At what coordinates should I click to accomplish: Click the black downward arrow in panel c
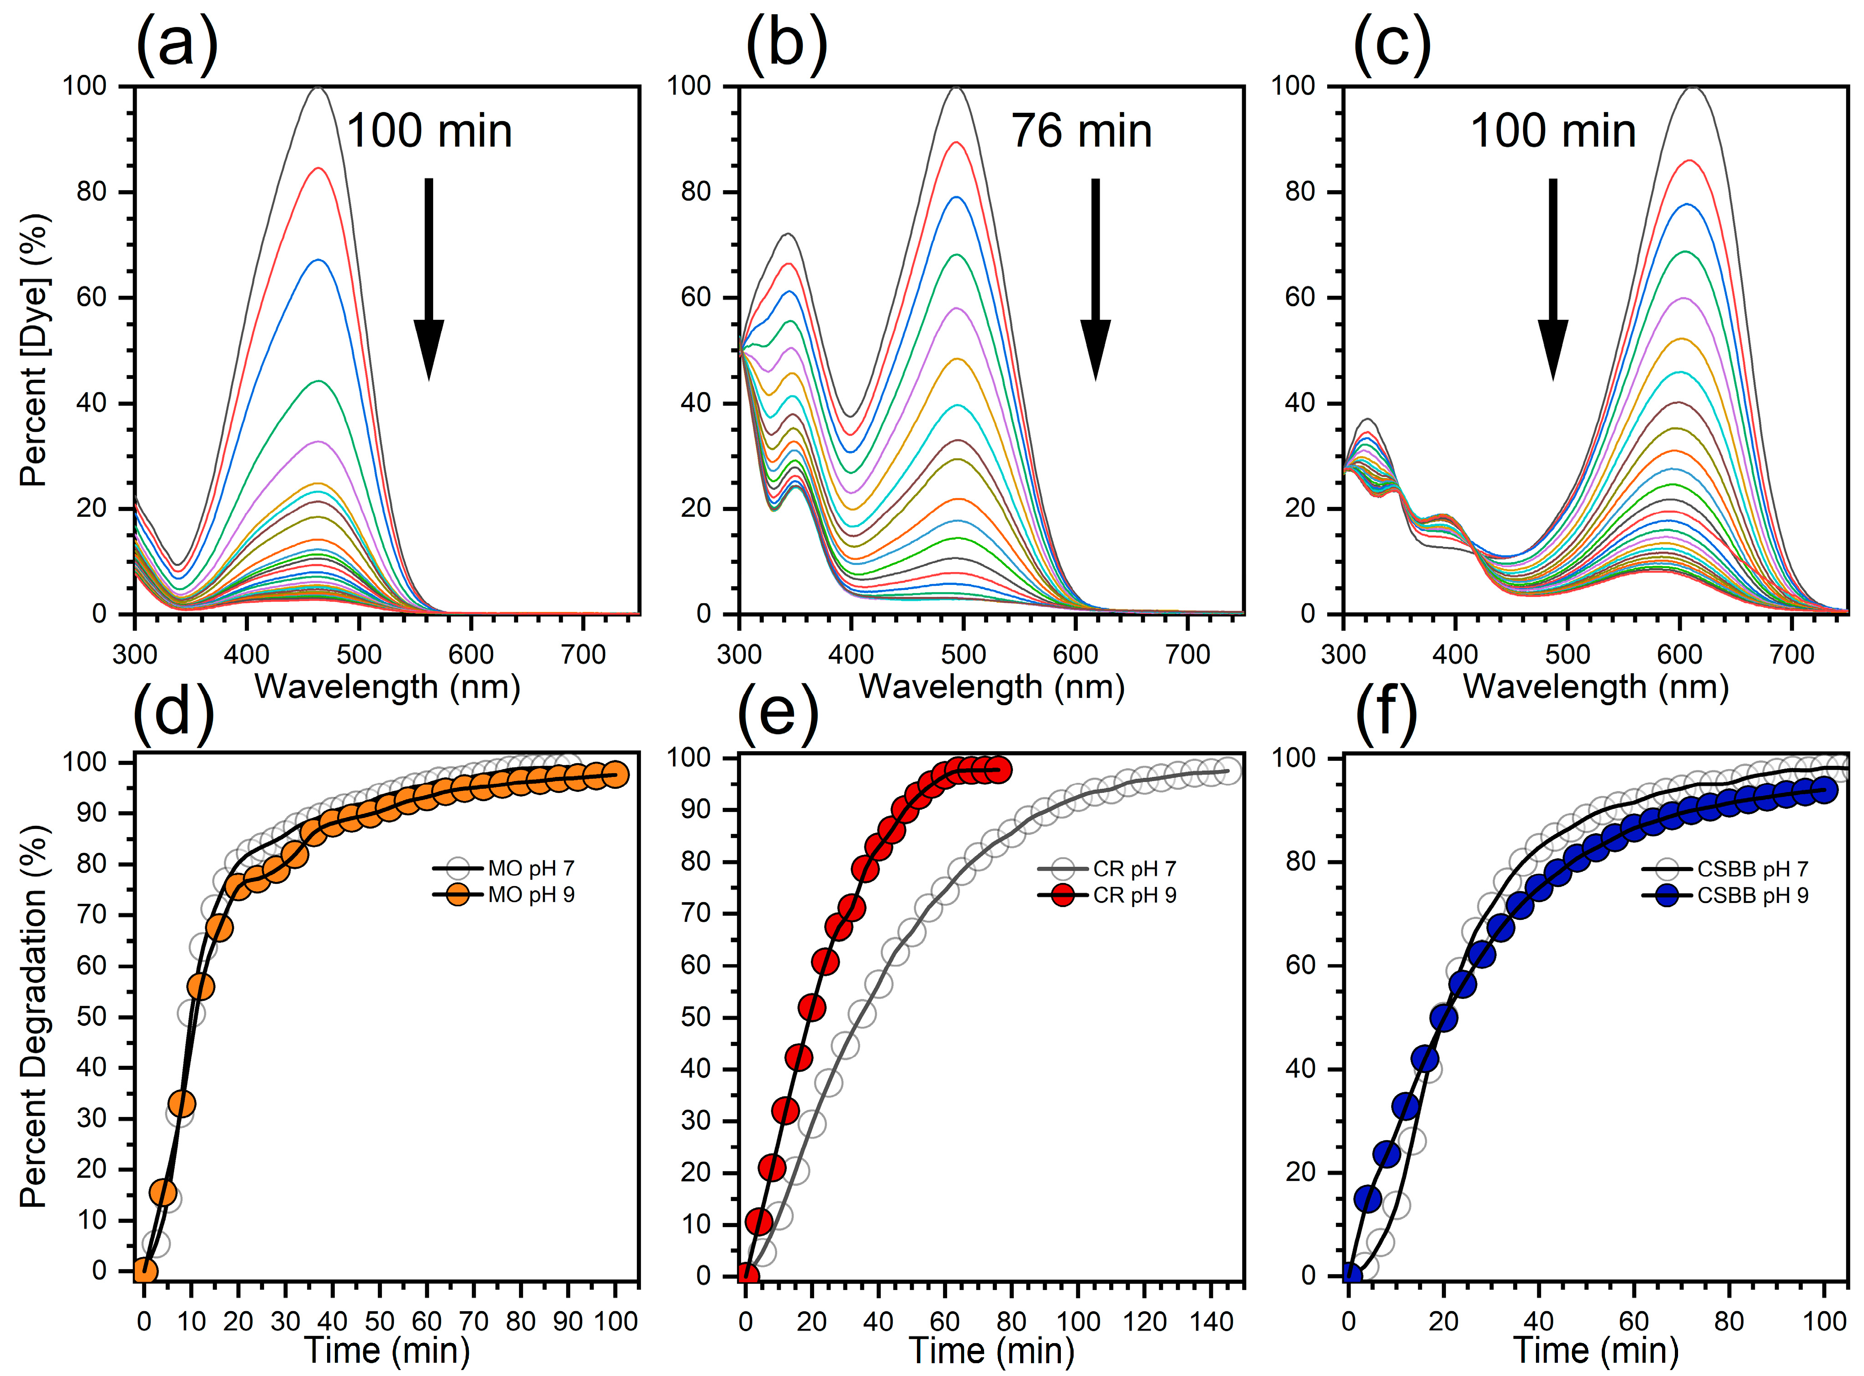1552,279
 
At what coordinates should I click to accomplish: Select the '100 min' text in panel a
429,132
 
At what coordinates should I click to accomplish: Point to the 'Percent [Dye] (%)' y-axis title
35,350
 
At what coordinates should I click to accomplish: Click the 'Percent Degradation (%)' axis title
35,1016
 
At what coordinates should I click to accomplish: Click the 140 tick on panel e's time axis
1211,1321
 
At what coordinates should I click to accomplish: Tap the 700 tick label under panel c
1791,654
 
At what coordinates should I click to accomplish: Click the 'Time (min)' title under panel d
387,1349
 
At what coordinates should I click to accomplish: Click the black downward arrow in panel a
429,279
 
